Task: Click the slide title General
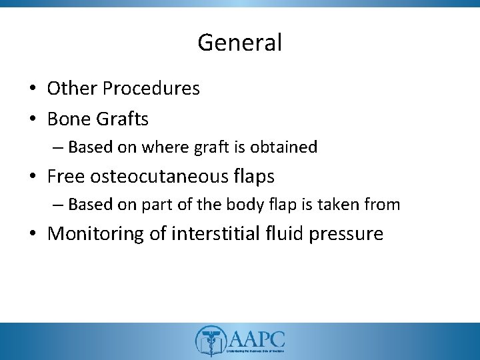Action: coord(240,43)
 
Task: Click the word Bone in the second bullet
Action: coord(70,119)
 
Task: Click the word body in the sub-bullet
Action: coord(250,205)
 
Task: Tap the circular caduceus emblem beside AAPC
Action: coord(209,341)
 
